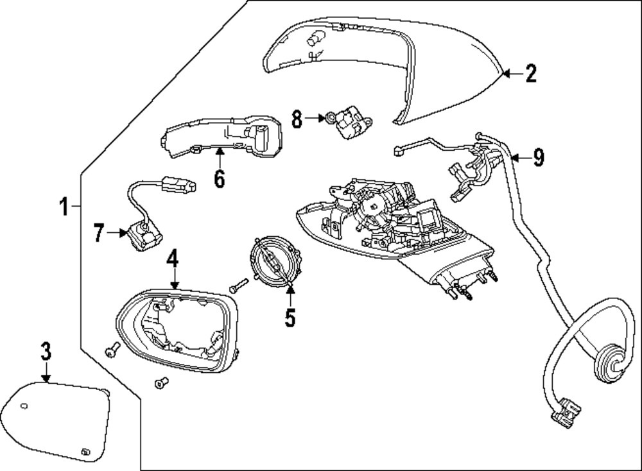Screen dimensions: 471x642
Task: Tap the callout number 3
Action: (46, 352)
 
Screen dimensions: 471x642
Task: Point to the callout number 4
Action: (172, 260)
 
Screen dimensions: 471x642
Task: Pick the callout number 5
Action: (290, 316)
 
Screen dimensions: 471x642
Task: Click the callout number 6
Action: (220, 178)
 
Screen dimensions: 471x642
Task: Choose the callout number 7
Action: (98, 234)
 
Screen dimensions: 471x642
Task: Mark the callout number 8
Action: (297, 118)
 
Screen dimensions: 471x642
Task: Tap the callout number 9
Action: (538, 157)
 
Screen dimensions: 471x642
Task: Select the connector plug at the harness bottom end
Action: (566, 413)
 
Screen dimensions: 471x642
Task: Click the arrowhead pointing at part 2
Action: (505, 74)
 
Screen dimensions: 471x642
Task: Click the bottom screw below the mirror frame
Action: (160, 383)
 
